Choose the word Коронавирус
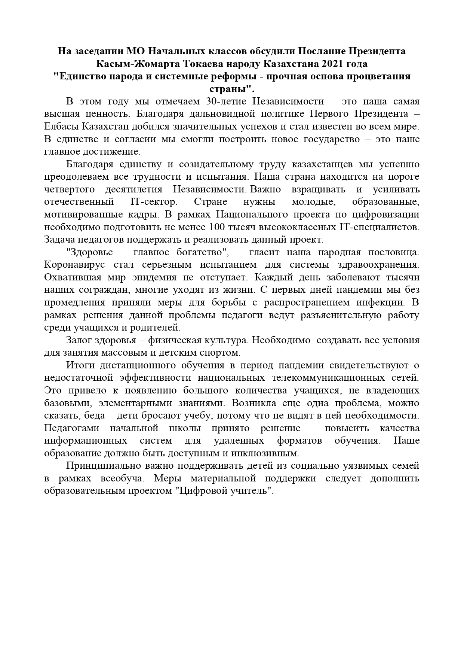tap(75, 265)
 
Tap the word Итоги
tap(79, 365)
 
